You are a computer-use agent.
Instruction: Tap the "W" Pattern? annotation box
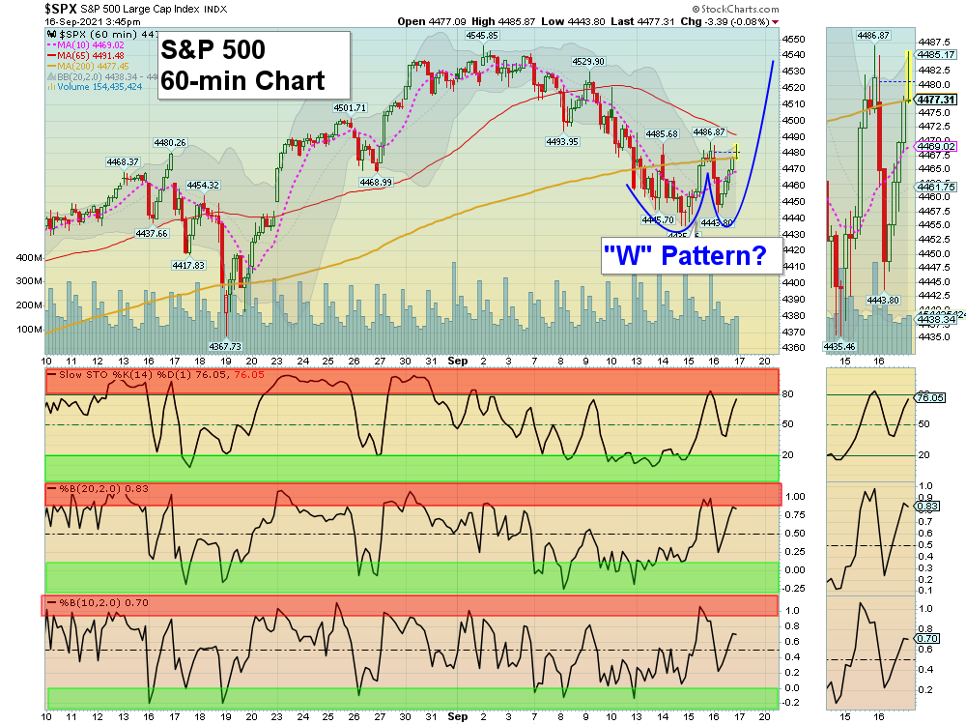pos(685,256)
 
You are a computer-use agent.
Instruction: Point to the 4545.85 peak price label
pos(481,35)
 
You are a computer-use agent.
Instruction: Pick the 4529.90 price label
pos(588,61)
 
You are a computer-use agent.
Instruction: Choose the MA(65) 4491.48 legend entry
pos(93,55)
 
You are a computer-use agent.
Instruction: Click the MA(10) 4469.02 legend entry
pos(93,44)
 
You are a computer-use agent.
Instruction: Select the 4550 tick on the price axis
pos(794,39)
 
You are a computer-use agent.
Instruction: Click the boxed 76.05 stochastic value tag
pos(929,397)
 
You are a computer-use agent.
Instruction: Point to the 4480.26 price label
pos(169,142)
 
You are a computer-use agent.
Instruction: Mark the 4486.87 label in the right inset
pos(872,35)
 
